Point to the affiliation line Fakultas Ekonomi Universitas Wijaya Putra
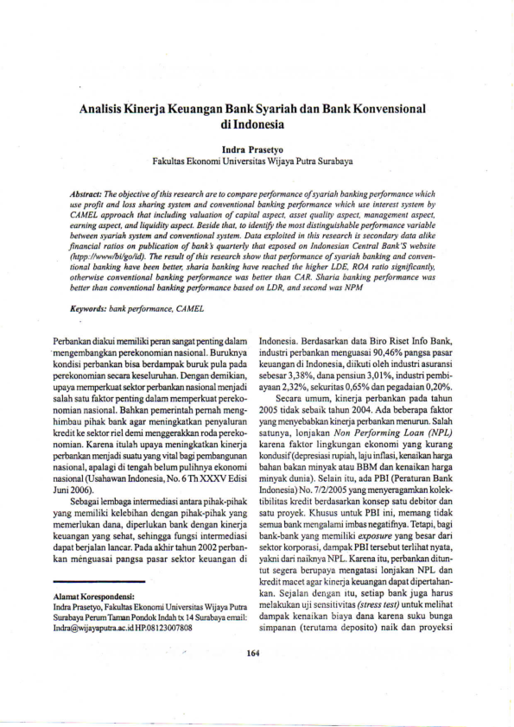(x=256, y=161)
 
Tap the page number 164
(x=252, y=653)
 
